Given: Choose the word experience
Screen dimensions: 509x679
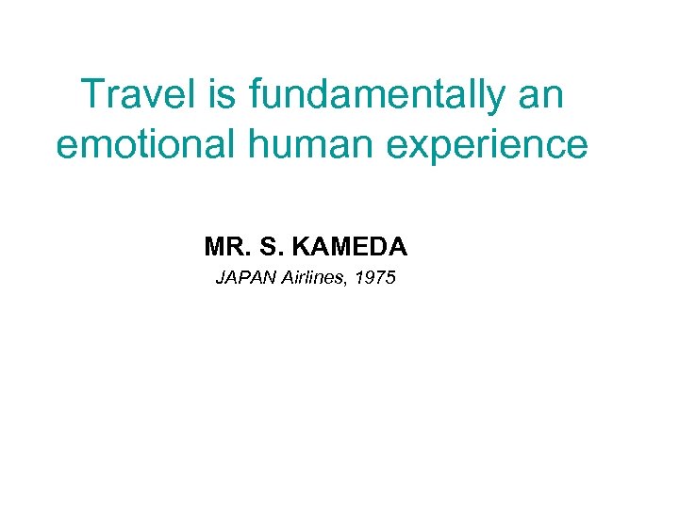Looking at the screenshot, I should click(482, 147).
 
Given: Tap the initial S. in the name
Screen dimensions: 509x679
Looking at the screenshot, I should click(268, 248).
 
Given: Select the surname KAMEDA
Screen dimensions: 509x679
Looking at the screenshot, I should click(349, 248).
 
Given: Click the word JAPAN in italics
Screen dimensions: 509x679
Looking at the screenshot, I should click(246, 278).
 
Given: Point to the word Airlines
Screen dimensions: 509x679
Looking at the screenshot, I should click(310, 278).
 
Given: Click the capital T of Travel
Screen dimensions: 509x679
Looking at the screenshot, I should click(92, 95).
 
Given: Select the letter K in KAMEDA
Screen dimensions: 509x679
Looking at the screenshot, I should click(302, 248).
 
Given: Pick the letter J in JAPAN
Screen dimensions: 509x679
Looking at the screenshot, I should click(220, 278).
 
